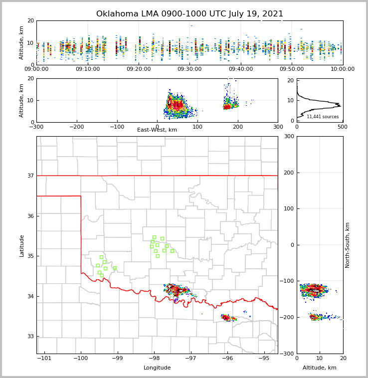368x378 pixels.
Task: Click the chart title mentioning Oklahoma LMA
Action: pyautogui.click(x=189, y=14)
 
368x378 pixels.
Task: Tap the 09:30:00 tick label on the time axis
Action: pyautogui.click(x=189, y=69)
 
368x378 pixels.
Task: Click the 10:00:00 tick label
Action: pyautogui.click(x=343, y=69)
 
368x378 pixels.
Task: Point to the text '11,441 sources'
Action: pyautogui.click(x=322, y=117)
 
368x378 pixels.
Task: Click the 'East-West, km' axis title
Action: pyautogui.click(x=157, y=130)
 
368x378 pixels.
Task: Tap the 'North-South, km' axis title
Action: pyautogui.click(x=348, y=245)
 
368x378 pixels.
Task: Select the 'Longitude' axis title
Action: pyautogui.click(x=157, y=368)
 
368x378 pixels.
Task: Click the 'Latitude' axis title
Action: pyautogui.click(x=21, y=245)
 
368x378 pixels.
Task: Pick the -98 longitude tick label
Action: pyautogui.click(x=154, y=358)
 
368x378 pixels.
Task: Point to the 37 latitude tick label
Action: pyautogui.click(x=30, y=176)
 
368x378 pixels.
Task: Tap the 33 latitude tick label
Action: pyautogui.click(x=30, y=337)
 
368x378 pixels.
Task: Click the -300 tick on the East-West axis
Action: pyautogui.click(x=36, y=126)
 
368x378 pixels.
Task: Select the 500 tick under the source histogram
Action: pyautogui.click(x=343, y=126)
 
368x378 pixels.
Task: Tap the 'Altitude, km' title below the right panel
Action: pyautogui.click(x=320, y=368)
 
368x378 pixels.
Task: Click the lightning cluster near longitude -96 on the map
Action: pyautogui.click(x=227, y=317)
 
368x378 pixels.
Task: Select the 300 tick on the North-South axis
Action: pyautogui.click(x=289, y=136)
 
